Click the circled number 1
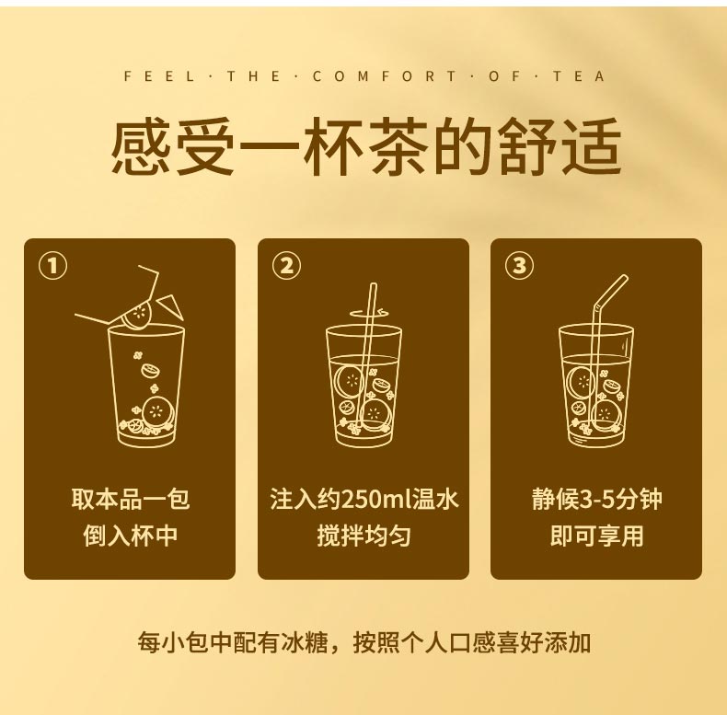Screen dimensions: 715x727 [52, 266]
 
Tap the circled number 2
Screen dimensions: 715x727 [286, 266]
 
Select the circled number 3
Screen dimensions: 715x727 [519, 266]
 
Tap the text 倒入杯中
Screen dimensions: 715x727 [130, 536]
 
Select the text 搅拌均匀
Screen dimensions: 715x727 [363, 536]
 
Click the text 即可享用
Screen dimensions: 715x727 [596, 536]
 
